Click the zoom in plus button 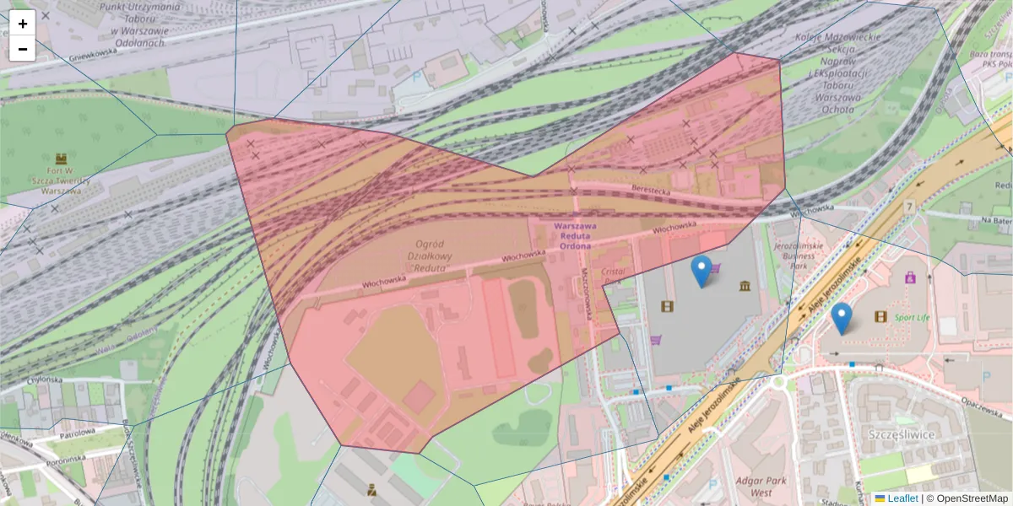pos(23,24)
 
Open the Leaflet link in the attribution pos(902,498)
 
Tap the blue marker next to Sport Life pos(841,319)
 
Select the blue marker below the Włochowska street pos(701,271)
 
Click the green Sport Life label pos(912,318)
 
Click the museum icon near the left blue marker pos(745,288)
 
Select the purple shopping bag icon pos(910,277)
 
